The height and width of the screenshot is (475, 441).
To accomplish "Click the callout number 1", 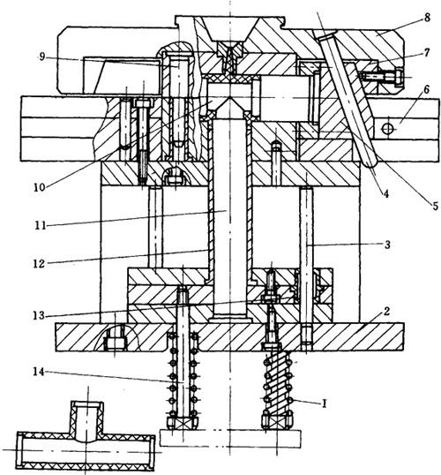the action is click(x=325, y=403).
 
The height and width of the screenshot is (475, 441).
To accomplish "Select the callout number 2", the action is click(x=386, y=311).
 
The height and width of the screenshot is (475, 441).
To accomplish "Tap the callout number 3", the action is click(x=387, y=245).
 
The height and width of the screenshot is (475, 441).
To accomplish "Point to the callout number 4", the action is click(x=386, y=194).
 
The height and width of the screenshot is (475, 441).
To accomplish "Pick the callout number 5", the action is click(x=435, y=207).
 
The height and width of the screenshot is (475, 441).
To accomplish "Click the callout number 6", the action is click(x=427, y=89).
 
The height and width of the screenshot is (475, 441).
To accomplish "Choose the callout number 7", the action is click(x=427, y=53).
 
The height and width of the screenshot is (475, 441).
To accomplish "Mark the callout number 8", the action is click(x=427, y=18).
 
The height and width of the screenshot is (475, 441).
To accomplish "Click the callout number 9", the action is click(x=42, y=57).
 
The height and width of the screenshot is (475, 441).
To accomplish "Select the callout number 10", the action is click(x=40, y=187).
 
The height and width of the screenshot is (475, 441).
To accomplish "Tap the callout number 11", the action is click(x=40, y=226).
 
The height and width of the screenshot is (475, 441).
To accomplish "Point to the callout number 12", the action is click(x=39, y=264).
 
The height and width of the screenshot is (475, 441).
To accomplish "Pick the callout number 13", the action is click(x=39, y=316).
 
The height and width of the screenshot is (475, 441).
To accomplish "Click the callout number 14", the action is click(x=39, y=372).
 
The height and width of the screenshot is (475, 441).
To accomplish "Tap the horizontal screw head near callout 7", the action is click(x=399, y=77).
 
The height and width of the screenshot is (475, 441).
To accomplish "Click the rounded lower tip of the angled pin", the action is click(x=370, y=163).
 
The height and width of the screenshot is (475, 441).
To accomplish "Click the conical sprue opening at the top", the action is click(x=231, y=29).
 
